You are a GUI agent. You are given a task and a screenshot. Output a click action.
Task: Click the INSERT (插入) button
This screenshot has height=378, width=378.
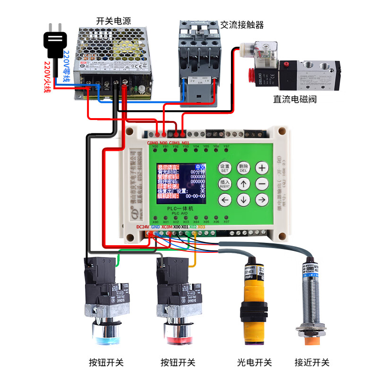coord(225,184)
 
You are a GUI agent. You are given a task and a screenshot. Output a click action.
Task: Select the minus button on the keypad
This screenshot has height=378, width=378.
coord(262,184)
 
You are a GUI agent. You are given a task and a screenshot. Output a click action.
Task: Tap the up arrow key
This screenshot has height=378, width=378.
coord(243,184)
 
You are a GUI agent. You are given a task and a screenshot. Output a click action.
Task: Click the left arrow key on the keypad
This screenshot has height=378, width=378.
coord(225,200)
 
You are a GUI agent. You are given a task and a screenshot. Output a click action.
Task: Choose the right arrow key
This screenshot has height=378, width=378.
coord(262,200)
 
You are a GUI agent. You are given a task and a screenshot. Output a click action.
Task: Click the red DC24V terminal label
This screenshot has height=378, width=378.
coord(142,227)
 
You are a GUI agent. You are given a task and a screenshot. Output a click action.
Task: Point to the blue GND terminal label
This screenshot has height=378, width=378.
coord(155,227)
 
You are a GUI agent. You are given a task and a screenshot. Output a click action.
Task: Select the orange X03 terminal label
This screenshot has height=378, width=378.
coord(201,227)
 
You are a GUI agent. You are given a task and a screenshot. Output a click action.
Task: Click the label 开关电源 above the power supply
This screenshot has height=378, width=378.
coord(113,21)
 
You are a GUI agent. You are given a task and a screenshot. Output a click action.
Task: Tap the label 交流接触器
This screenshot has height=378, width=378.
coord(242,25)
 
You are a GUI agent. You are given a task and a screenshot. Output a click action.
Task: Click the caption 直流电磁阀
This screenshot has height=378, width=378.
coord(295,99)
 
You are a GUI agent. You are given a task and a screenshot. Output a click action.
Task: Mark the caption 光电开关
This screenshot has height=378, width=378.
coord(255,362)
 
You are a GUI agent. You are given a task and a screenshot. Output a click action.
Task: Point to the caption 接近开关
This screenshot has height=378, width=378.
coord(312,362)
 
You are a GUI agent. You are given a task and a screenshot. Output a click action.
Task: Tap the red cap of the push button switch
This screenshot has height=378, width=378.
coord(178,339)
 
